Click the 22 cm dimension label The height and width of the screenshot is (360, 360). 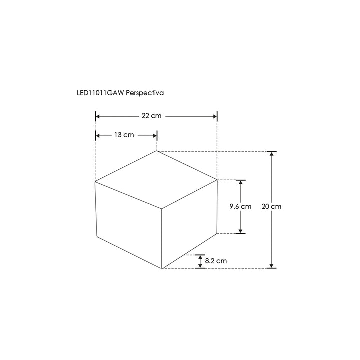coord(152,116)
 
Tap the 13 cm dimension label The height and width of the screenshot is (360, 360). coord(124,135)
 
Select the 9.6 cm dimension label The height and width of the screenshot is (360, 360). coord(240,206)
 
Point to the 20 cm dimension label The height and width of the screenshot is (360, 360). coord(271,206)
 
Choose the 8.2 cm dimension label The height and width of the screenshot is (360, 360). coord(216,261)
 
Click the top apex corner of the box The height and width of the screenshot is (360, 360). coord(157,151)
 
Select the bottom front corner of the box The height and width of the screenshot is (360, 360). coord(162,268)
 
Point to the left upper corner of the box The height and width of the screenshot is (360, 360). coord(95,182)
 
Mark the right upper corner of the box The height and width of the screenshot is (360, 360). coord(217,180)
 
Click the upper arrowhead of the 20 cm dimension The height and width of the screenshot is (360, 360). coord(271,154)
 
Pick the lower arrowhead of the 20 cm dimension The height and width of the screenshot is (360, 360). coord(271,265)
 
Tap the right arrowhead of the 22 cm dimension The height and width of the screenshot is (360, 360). coord(214,116)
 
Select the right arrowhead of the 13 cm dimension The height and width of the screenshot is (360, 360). coord(154,135)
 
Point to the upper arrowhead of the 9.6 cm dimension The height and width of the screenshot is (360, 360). coord(241,183)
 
